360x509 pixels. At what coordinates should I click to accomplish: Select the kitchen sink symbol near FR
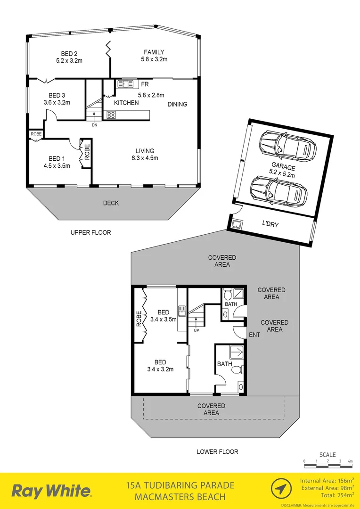(125, 84)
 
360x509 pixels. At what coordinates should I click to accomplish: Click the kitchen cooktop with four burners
(111, 114)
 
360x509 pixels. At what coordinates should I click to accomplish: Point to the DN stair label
(94, 125)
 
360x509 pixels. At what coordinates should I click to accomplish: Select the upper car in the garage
(286, 145)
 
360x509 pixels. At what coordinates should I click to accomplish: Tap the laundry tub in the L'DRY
(237, 223)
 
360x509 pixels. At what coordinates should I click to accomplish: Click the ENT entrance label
(254, 335)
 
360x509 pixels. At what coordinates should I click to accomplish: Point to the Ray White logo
(52, 491)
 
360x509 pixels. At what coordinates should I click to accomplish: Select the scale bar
(328, 466)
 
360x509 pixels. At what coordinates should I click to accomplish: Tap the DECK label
(111, 203)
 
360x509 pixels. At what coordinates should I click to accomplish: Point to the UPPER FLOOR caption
(90, 232)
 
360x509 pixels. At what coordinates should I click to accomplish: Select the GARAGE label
(283, 168)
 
